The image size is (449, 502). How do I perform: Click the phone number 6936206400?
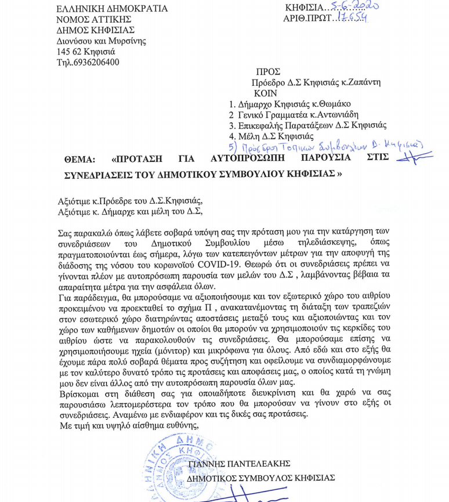95,63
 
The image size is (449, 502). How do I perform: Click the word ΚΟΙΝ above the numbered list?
265,93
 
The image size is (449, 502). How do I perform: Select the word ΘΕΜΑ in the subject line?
81,160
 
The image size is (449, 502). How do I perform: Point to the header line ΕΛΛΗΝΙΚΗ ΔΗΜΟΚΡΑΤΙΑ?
111,9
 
